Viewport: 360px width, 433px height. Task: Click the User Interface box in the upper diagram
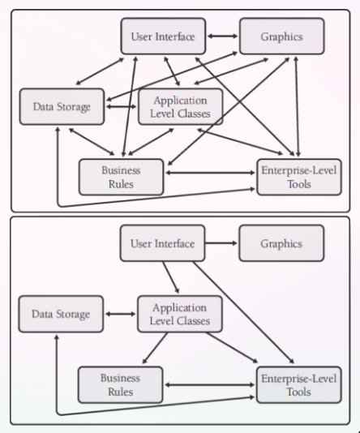[162, 36]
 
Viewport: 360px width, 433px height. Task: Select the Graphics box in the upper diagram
[281, 36]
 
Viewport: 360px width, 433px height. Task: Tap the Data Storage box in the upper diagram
[62, 106]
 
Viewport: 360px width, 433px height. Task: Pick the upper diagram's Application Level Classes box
[180, 106]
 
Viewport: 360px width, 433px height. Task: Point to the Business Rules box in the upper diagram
[121, 177]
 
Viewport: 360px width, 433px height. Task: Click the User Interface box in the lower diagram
[162, 243]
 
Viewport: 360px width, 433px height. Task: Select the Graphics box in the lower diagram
[281, 243]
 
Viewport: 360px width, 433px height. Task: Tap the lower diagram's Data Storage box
[62, 314]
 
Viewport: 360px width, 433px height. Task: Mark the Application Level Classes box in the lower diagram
[180, 314]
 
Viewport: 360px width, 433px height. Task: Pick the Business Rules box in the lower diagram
[121, 384]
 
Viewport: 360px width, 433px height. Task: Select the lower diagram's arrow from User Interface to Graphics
[221, 243]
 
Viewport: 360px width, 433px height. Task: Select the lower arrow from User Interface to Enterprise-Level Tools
[243, 313]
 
